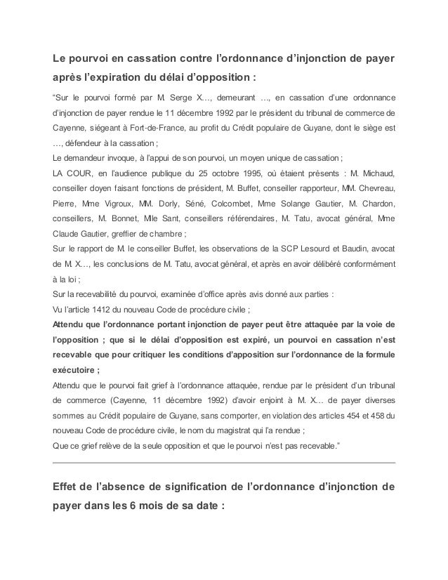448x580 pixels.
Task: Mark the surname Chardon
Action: (376, 203)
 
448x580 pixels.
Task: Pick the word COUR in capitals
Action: (83, 171)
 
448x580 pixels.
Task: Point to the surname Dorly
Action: (188, 203)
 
